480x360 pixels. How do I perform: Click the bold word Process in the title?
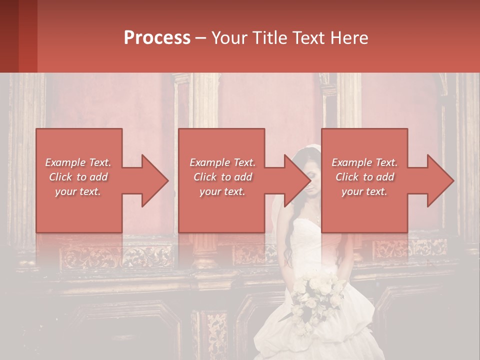[x=157, y=38]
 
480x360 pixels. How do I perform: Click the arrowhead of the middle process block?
[x=297, y=180]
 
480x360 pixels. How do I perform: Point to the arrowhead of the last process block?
[x=440, y=180]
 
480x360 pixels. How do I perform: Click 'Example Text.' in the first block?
[x=78, y=162]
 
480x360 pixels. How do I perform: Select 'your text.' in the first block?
[x=78, y=191]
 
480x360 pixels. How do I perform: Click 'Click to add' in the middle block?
[x=222, y=177]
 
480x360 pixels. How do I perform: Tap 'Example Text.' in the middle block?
[x=222, y=162]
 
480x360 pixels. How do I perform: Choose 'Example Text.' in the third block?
[x=364, y=162]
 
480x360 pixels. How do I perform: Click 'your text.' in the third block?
[x=364, y=191]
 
